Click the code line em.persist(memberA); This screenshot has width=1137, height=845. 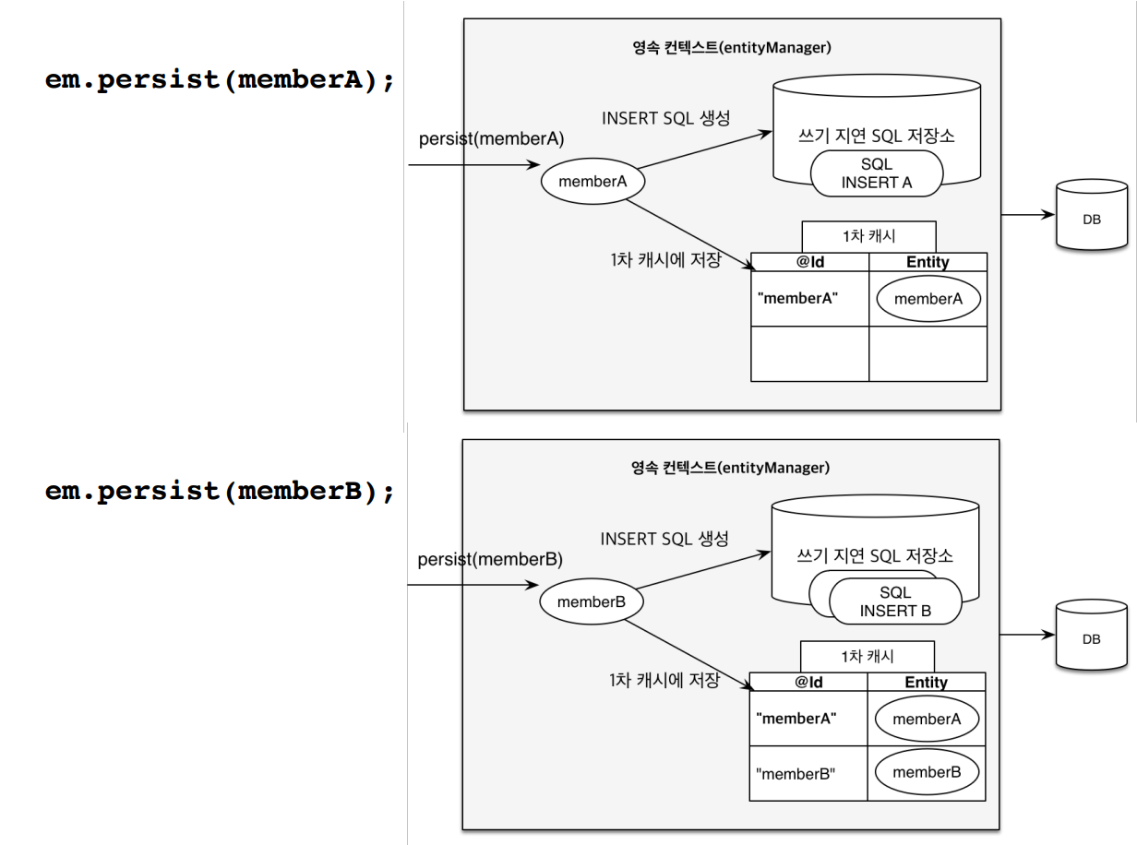220,80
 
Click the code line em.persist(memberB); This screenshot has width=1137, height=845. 220,492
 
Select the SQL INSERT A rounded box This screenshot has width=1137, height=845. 877,173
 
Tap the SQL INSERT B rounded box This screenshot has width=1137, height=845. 895,601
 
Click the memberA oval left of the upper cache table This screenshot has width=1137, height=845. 592,181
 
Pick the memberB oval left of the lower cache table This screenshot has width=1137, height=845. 591,601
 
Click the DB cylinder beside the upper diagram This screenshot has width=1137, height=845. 1092,214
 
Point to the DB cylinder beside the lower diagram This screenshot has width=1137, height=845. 1092,635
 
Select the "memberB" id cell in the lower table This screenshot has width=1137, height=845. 808,773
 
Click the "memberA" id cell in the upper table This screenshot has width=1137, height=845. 810,298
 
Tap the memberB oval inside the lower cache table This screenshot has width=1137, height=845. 927,772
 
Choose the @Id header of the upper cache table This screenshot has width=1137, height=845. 810,262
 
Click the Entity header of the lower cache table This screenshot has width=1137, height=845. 927,682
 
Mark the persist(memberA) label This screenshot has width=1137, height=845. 491,139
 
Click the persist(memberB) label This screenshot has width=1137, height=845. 490,559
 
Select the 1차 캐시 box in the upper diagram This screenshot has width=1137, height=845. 868,236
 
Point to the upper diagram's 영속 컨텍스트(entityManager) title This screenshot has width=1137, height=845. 732,48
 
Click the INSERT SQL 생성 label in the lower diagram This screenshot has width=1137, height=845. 664,539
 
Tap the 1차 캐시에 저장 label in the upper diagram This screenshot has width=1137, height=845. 665,260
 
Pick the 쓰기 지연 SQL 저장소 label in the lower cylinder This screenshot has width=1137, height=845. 875,556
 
